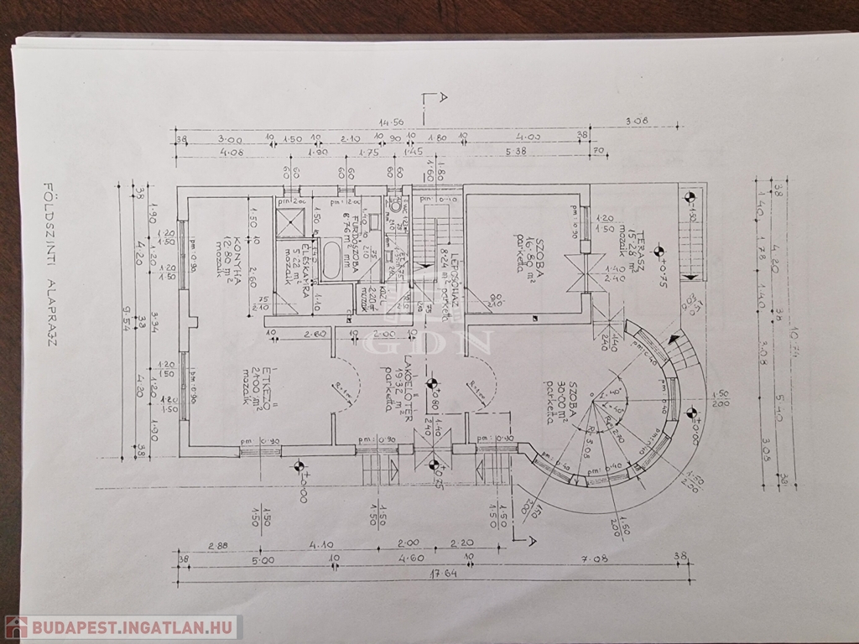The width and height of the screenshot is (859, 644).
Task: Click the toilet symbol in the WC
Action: click(x=394, y=205)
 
